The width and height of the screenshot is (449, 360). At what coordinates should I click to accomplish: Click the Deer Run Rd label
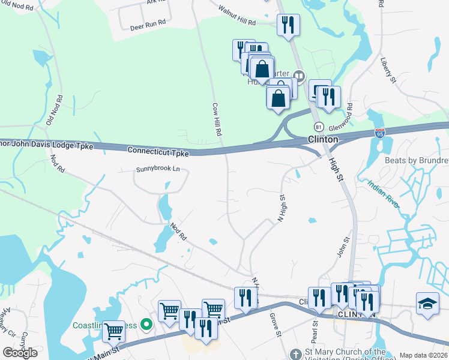pyautogui.click(x=147, y=28)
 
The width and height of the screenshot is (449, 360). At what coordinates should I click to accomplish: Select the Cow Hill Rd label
pyautogui.click(x=217, y=118)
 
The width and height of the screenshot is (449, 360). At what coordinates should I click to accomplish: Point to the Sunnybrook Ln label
pyautogui.click(x=158, y=169)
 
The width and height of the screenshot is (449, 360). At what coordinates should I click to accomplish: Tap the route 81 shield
pyautogui.click(x=319, y=127)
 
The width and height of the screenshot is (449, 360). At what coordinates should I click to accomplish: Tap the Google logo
pyautogui.click(x=20, y=353)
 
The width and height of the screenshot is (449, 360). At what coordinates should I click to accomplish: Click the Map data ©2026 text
pyautogui.click(x=423, y=355)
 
